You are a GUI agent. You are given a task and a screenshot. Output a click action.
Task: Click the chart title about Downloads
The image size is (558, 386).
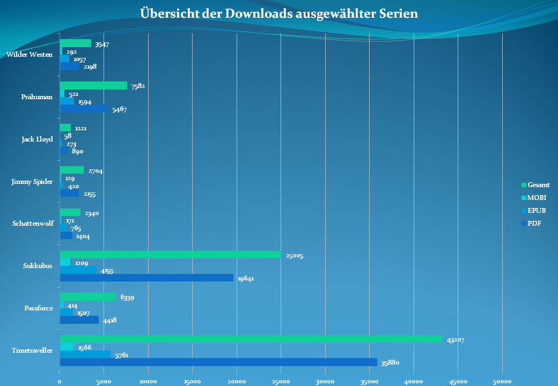point(278,13)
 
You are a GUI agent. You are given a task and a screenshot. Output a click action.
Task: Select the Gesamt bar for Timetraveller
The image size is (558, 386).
point(251,339)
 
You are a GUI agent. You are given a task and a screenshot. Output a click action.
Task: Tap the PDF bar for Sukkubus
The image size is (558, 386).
point(146,278)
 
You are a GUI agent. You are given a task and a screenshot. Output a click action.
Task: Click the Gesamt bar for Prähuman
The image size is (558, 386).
point(93,86)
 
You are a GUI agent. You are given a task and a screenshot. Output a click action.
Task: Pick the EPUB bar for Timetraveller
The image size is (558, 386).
point(85,354)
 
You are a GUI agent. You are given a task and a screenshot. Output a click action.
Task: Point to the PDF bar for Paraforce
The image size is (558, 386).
point(79,320)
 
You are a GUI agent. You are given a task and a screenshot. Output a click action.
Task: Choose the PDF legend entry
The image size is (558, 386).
point(534,224)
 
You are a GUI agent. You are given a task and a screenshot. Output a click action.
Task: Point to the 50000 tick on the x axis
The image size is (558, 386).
point(502,381)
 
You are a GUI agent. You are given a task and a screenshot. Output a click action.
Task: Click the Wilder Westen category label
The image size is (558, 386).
point(30,55)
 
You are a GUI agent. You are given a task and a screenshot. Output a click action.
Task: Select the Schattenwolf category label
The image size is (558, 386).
point(33,224)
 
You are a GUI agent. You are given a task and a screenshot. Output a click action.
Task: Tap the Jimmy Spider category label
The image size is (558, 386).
point(32,182)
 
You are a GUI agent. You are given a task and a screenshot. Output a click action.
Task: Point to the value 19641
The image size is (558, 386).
point(246,279)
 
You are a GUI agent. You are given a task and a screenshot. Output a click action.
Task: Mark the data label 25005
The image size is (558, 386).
point(294,256)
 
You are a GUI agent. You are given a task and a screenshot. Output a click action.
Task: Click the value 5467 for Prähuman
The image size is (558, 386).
point(119,110)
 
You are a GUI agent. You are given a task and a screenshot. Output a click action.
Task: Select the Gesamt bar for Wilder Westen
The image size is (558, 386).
point(75,43)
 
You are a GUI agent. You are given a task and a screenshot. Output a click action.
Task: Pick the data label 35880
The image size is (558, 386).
point(390,363)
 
